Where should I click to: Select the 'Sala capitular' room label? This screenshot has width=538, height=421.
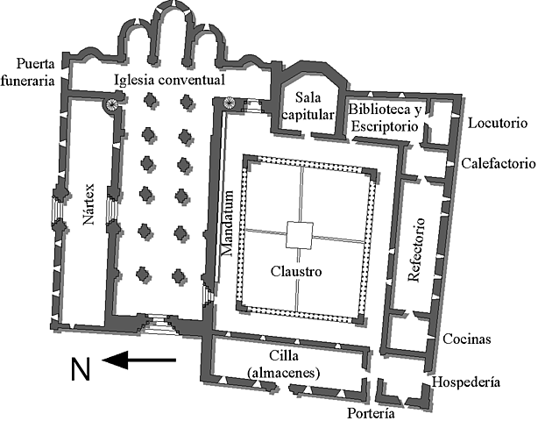pyautogui.click(x=315, y=103)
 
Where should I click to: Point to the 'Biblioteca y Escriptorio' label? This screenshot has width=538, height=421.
pyautogui.click(x=386, y=118)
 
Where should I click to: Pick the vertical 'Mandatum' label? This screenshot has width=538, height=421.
pyautogui.click(x=227, y=223)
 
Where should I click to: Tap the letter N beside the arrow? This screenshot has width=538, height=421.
pyautogui.click(x=80, y=370)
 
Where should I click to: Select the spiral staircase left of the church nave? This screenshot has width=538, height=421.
pyautogui.click(x=113, y=106)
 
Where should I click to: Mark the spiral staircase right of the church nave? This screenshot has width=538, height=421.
pyautogui.click(x=230, y=104)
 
